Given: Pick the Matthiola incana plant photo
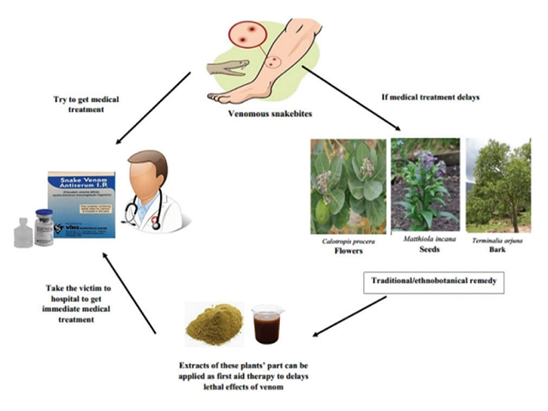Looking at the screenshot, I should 425,186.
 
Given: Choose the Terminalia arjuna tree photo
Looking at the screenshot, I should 499,186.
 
